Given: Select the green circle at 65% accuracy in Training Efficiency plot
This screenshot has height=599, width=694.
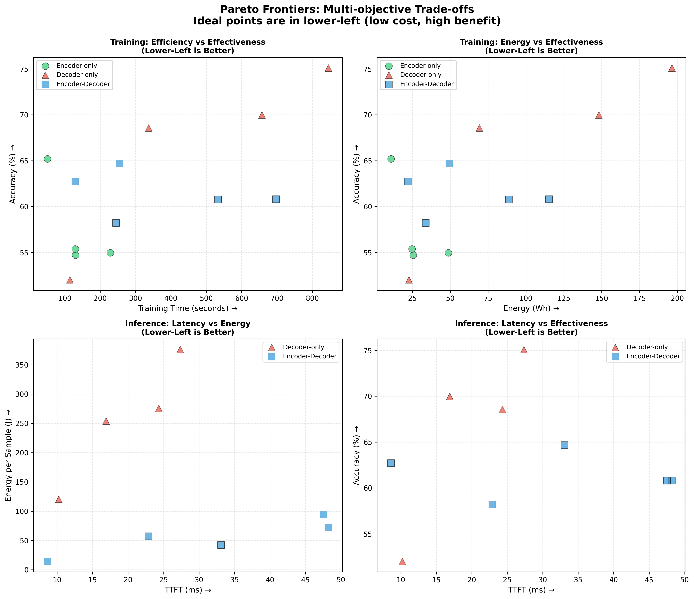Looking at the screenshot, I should pyautogui.click(x=48, y=159).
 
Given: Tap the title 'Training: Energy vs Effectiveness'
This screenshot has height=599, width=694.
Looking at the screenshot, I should pyautogui.click(x=531, y=42).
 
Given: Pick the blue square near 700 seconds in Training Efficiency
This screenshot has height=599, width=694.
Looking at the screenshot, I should pyautogui.click(x=276, y=199).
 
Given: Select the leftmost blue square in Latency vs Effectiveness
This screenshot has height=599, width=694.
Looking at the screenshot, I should pyautogui.click(x=391, y=463).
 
